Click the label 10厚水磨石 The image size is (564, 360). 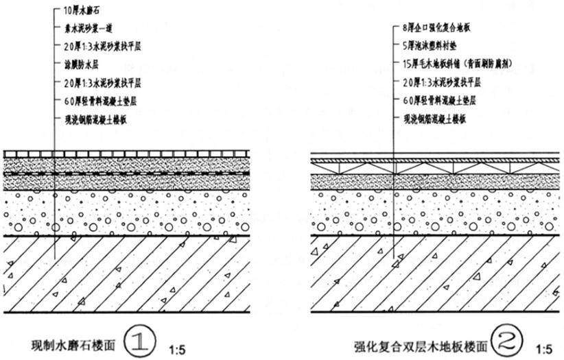tap(76, 12)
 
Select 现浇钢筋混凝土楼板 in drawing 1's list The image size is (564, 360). tap(91, 119)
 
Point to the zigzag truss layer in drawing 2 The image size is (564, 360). tap(439, 167)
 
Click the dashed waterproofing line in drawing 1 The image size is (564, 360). tap(137, 174)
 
